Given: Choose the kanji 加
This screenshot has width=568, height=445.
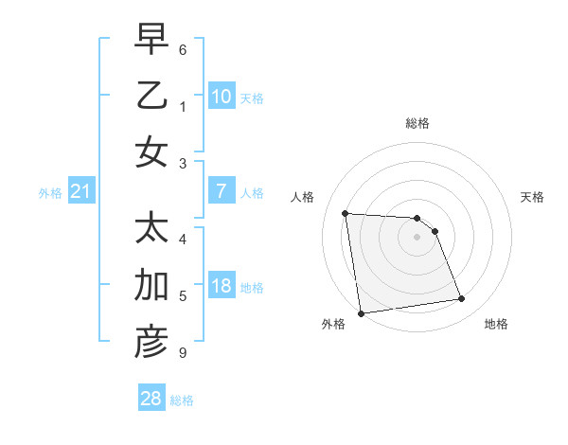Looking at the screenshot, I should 151,285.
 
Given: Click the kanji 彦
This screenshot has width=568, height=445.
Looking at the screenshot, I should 151,342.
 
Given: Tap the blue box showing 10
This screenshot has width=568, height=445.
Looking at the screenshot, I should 221,96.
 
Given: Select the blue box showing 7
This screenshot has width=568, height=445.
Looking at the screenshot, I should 221,191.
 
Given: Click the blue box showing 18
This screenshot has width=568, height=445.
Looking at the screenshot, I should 221,286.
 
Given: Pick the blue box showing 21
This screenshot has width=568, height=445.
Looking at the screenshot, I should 80,192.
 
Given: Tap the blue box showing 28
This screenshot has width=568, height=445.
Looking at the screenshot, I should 151,399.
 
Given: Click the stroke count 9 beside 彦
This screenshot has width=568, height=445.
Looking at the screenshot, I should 182,353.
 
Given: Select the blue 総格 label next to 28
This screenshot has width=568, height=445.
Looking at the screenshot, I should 182,400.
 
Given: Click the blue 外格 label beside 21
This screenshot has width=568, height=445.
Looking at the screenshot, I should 50,193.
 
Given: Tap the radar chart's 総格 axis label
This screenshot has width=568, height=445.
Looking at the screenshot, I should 417,123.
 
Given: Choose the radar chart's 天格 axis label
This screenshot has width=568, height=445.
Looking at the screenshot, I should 532,197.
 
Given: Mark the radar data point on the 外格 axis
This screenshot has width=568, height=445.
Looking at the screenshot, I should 361,313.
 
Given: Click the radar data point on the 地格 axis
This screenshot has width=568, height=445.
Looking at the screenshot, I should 462,299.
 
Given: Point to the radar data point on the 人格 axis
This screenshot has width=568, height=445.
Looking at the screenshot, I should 346,213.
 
